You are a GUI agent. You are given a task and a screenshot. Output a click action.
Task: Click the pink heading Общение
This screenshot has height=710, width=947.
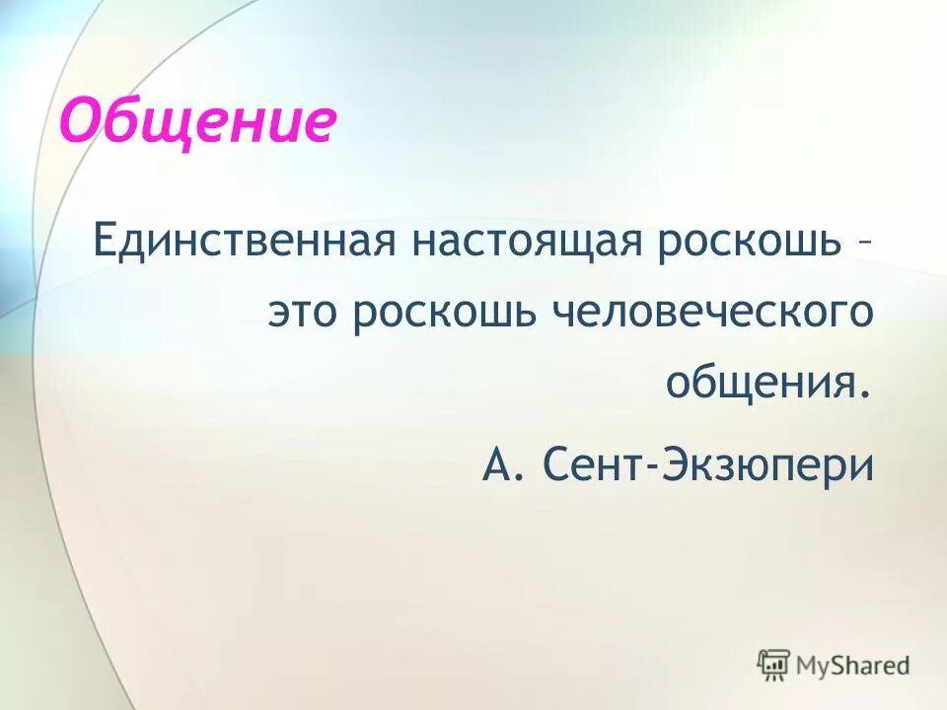click(x=198, y=122)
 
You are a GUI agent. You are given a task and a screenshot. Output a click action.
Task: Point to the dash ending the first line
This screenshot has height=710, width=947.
click(x=865, y=244)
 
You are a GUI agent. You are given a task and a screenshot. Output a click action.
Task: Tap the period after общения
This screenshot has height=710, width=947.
click(x=867, y=392)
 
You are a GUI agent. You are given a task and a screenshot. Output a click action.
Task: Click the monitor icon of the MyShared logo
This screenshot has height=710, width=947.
click(x=774, y=666)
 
